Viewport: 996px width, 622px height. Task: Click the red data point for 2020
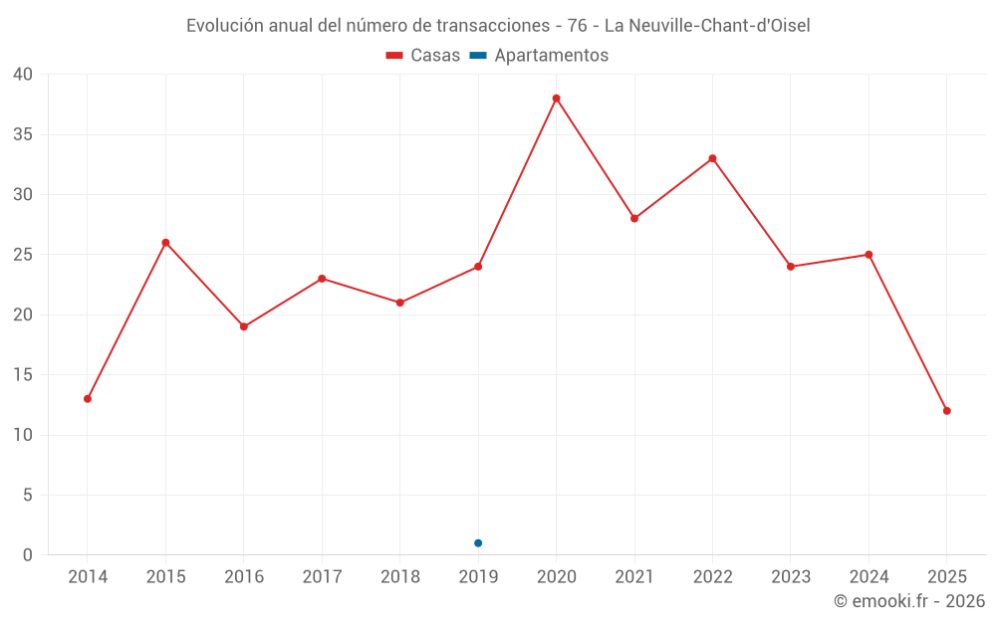(x=557, y=99)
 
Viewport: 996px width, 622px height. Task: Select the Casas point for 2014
(x=88, y=399)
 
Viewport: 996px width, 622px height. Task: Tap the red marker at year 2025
(x=947, y=411)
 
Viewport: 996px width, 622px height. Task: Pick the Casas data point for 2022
(x=713, y=158)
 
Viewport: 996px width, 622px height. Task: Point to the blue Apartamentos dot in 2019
(x=478, y=543)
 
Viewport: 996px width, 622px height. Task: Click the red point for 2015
(x=165, y=243)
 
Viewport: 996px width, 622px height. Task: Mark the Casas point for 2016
(x=244, y=326)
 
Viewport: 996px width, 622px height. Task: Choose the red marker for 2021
(x=634, y=219)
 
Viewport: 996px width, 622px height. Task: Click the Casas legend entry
(x=423, y=56)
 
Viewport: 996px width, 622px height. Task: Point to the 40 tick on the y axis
(x=23, y=75)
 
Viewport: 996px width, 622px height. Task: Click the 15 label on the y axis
(x=23, y=375)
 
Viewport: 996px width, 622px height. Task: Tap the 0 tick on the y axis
(x=28, y=555)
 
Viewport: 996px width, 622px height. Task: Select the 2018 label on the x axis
(x=400, y=577)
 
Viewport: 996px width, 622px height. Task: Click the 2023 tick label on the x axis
(x=791, y=577)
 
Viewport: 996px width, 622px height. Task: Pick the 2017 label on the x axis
(x=322, y=577)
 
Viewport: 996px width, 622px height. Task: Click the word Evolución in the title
(x=225, y=26)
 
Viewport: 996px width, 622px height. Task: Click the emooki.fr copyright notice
(x=909, y=601)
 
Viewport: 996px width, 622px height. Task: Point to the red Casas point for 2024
(x=869, y=255)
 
